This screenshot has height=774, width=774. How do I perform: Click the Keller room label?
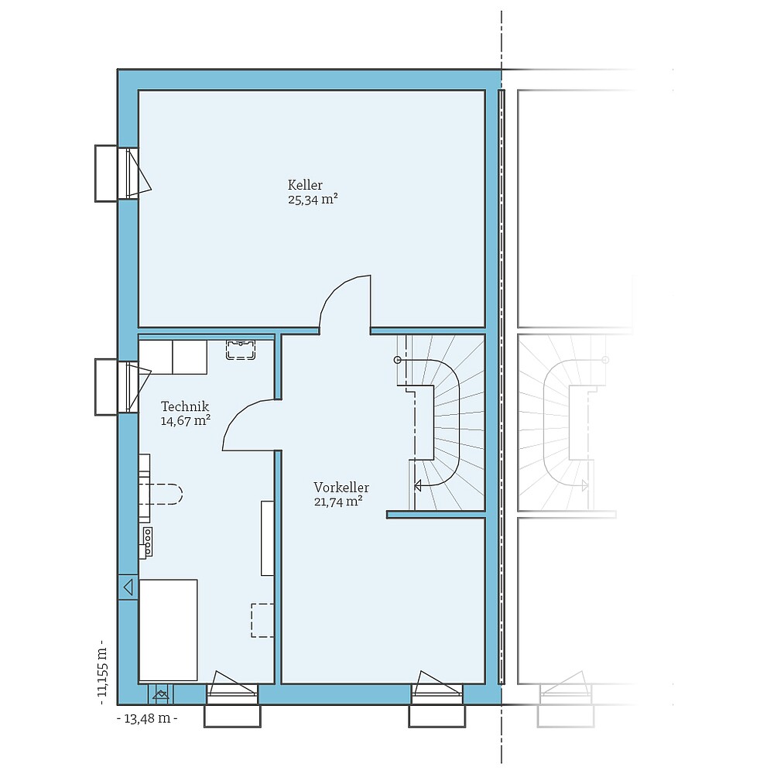coord(305,185)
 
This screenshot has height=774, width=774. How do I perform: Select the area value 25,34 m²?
coord(313,199)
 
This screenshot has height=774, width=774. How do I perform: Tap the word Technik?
coord(184,406)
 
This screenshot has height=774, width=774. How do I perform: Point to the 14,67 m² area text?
coord(186,421)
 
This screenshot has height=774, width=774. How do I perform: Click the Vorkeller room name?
coord(341,488)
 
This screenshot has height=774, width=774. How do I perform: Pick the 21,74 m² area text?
coord(338,502)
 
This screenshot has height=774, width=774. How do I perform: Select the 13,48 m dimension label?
coord(146,718)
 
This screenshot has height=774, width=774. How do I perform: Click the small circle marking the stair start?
coord(398,360)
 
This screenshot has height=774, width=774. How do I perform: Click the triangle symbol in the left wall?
coord(128,587)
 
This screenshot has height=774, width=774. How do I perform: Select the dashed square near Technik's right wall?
coord(262,621)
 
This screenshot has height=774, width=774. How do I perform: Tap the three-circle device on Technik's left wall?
coord(147,536)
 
